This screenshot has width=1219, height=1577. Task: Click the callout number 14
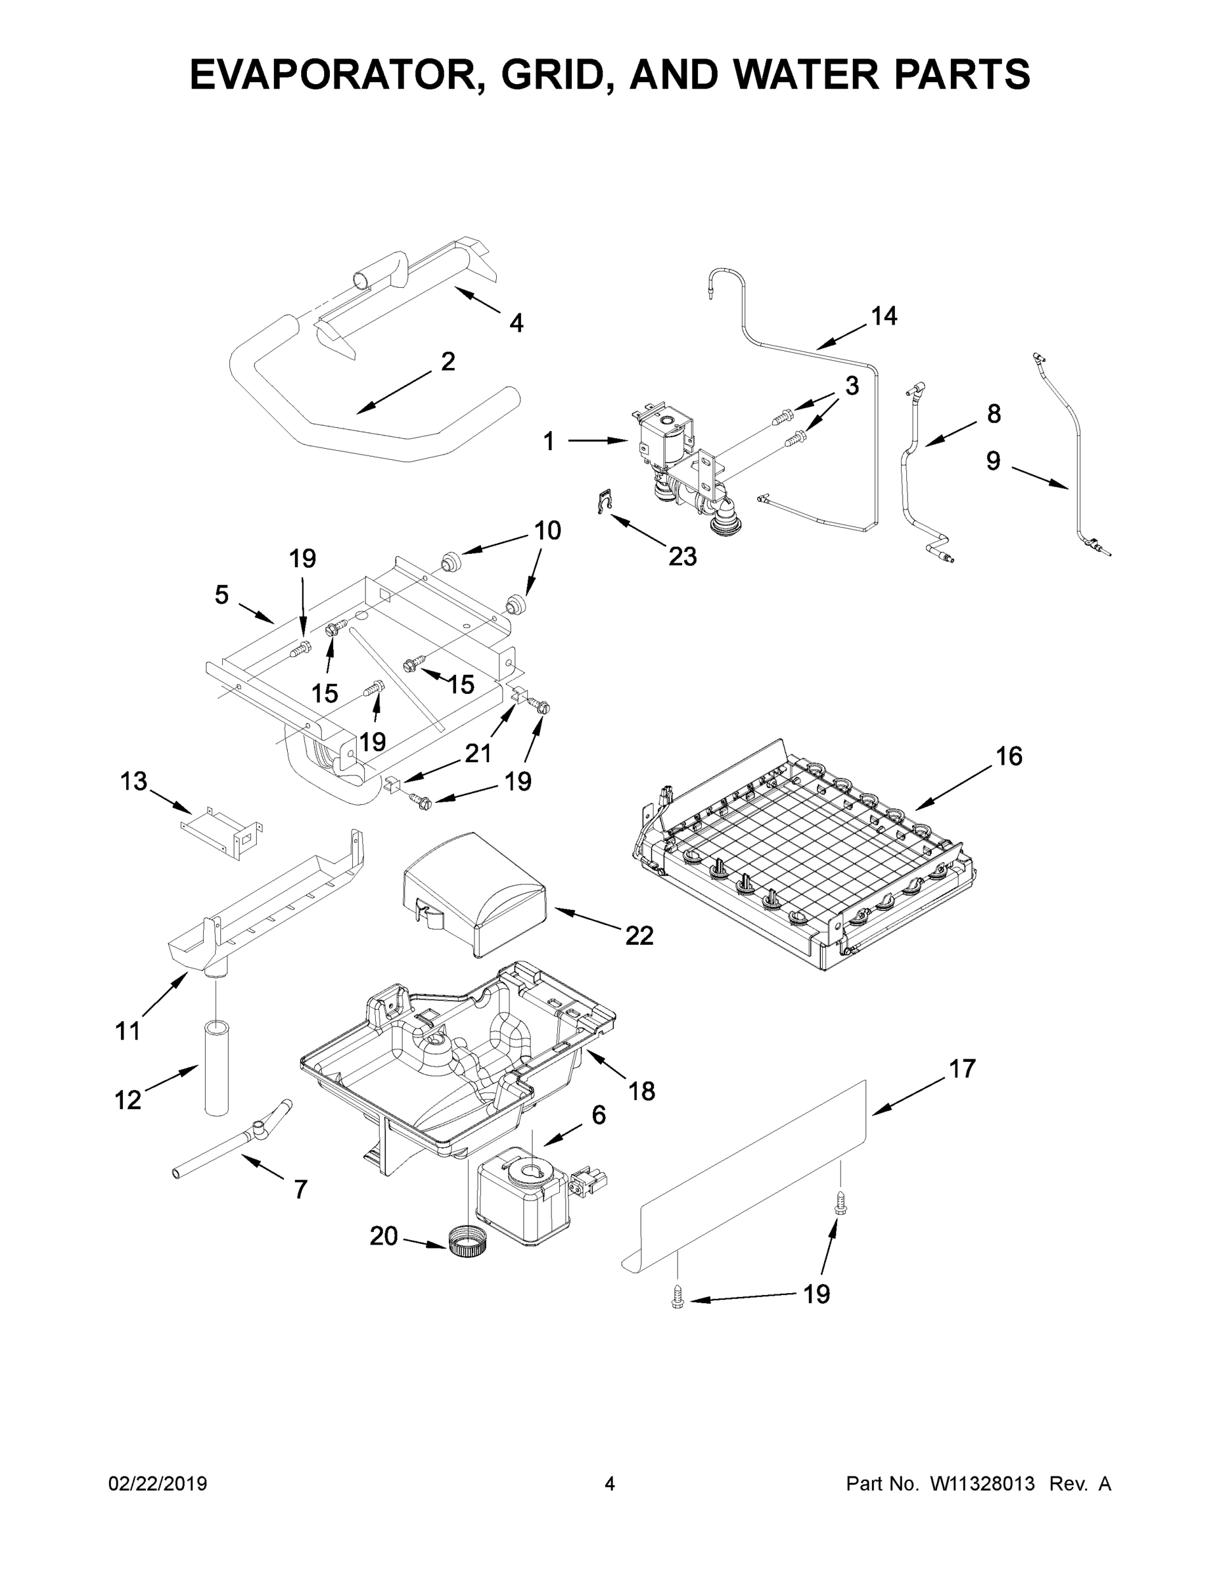tap(884, 315)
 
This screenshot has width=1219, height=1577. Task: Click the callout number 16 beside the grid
tap(1009, 756)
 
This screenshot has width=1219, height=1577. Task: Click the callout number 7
tap(300, 1189)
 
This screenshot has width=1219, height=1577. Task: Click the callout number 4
tap(517, 323)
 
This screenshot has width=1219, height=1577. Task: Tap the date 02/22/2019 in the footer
tap(158, 1484)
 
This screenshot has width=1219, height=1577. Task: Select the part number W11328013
tap(982, 1484)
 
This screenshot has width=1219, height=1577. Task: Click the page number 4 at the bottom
tap(610, 1484)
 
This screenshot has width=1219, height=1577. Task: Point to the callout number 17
tap(962, 1068)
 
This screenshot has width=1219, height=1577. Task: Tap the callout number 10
tap(548, 531)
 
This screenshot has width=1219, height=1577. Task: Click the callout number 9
tap(994, 461)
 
